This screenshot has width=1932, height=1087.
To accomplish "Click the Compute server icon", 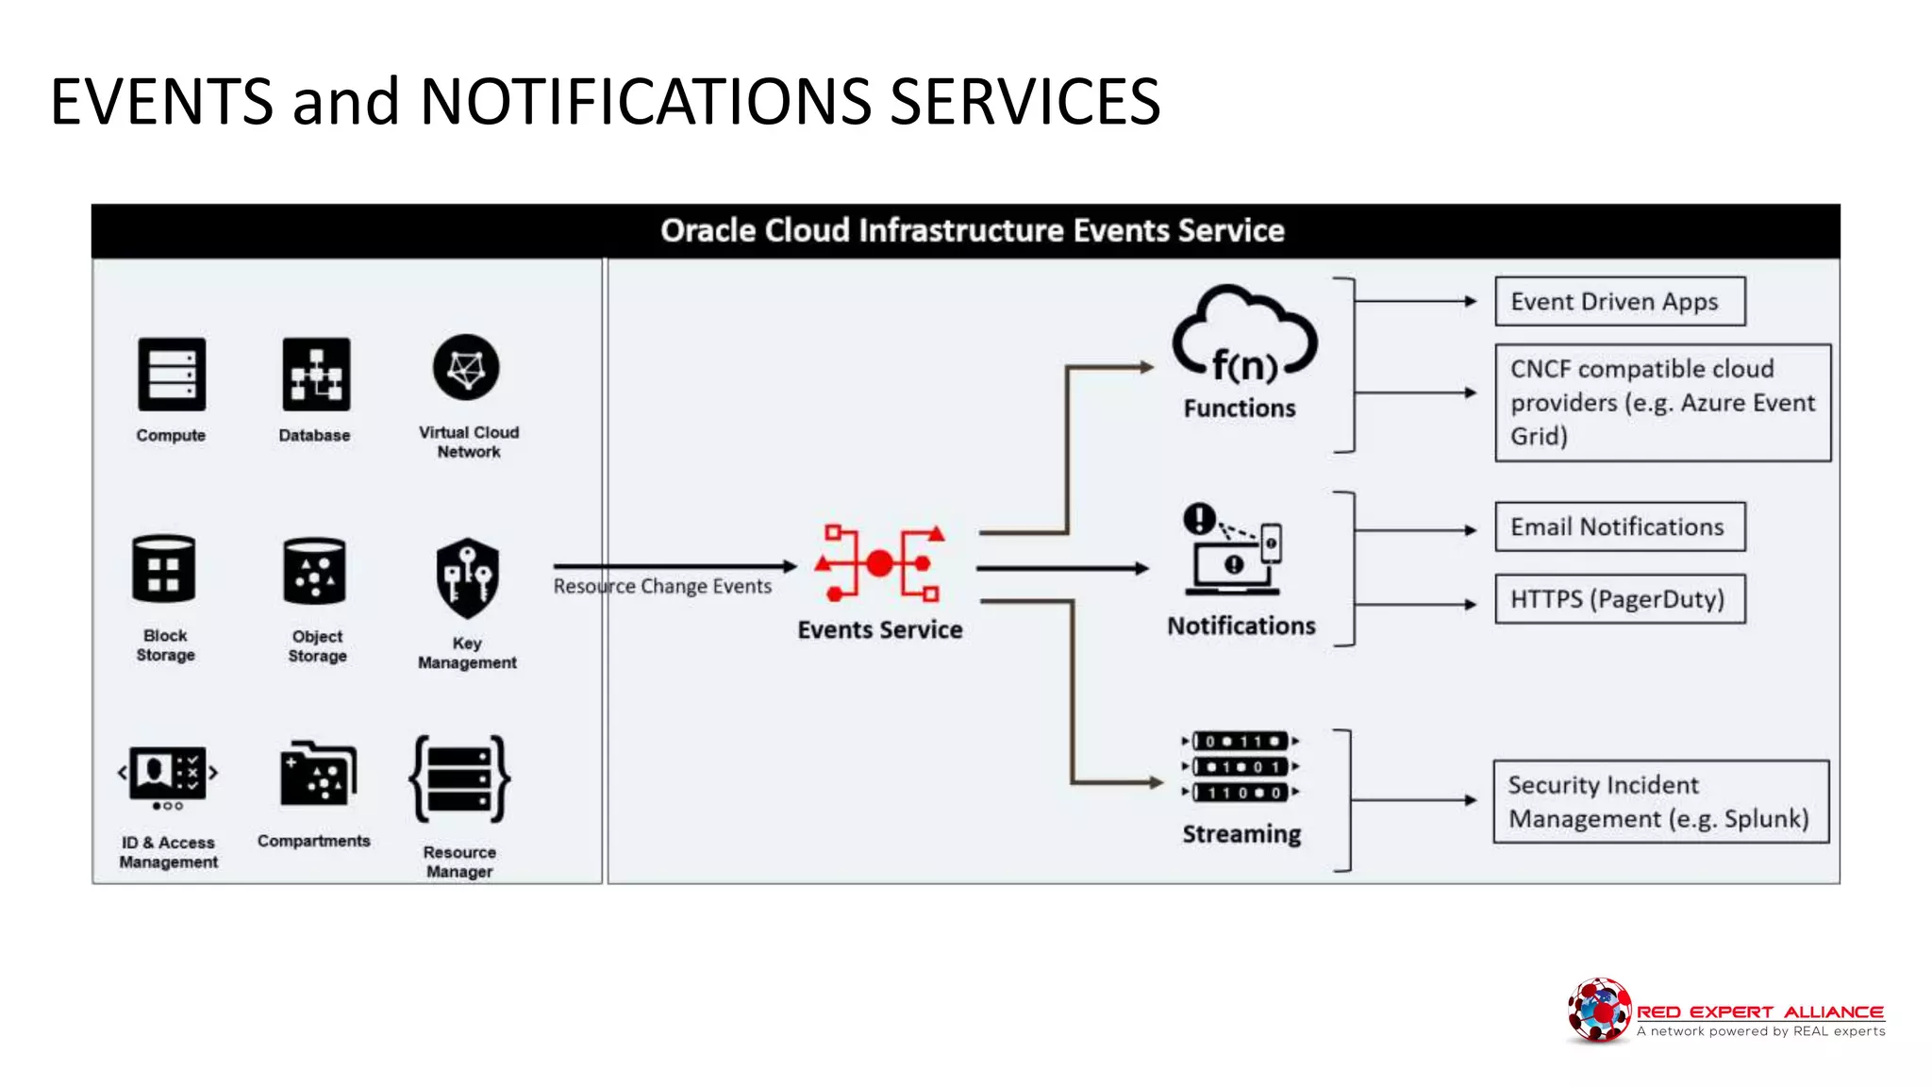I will pos(171,375).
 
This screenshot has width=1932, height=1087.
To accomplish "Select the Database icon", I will pos(315,375).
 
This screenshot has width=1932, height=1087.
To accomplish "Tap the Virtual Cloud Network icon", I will pos(466,367).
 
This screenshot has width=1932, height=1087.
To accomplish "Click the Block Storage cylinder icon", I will pos(164,569).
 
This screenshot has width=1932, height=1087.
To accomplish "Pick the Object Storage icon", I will pos(314,571).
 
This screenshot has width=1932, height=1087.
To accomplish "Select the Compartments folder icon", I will pos(318,774).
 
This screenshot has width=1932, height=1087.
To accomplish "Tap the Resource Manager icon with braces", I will pos(459,779).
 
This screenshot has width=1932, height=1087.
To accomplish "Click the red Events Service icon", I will pos(880,563).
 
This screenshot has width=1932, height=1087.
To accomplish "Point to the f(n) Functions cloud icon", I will pos(1244,338).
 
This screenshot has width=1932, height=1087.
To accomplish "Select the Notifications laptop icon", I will pos(1233,549).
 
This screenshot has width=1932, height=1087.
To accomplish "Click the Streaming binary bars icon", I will pos(1240,766).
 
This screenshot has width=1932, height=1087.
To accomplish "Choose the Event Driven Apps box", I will pos(1620,302).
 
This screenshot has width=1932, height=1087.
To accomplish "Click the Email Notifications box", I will pos(1620,527).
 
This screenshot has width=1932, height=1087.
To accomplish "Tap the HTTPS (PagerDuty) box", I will pos(1620,599).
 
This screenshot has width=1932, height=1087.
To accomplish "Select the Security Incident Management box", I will pos(1660,801).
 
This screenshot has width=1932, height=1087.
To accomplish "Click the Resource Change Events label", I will pos(662,586).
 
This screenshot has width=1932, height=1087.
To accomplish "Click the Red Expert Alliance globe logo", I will pos(1598,1010).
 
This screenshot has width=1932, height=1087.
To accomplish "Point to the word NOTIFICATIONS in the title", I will pos(644,102).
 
